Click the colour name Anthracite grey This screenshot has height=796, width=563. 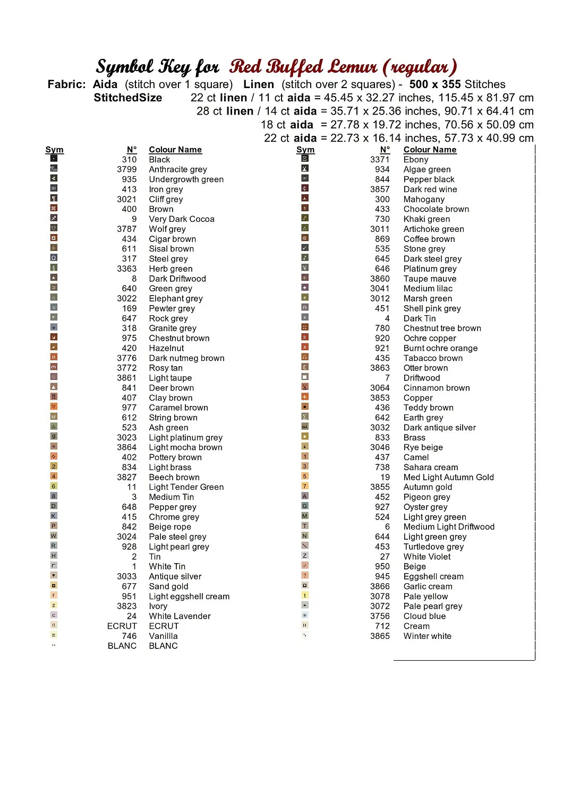click(x=178, y=169)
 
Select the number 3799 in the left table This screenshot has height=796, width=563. click(x=127, y=169)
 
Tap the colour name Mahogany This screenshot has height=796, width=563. click(x=424, y=200)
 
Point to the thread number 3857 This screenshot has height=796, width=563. click(x=380, y=189)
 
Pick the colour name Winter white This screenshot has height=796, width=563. click(x=427, y=636)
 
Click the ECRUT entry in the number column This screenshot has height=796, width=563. click(x=122, y=626)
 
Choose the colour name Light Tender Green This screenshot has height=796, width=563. click(x=186, y=487)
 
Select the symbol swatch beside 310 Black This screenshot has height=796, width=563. click(x=54, y=158)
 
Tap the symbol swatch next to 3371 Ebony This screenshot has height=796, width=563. click(x=305, y=158)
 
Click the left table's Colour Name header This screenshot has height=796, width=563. click(x=175, y=150)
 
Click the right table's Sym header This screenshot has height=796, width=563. click(x=305, y=150)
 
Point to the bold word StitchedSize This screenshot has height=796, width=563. click(x=127, y=98)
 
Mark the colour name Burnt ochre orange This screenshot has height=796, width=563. click(x=440, y=348)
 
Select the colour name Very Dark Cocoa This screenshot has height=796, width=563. click(x=182, y=219)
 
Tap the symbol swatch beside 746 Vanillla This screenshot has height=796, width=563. click(x=54, y=635)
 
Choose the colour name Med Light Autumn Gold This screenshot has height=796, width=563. click(x=448, y=477)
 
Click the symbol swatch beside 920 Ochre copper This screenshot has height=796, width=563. click(x=305, y=337)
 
